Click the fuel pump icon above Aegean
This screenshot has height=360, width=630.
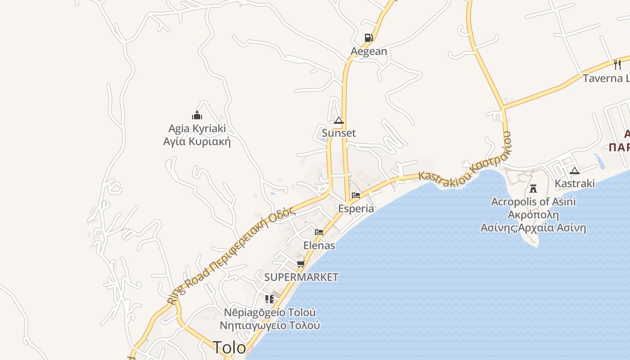click(369, 38)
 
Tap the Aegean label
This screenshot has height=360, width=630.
click(369, 51)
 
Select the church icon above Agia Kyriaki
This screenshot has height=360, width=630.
click(197, 115)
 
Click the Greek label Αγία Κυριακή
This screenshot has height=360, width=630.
click(197, 142)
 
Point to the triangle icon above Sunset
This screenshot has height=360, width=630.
click(339, 120)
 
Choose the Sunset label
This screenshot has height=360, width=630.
click(339, 133)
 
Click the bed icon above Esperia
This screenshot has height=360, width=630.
click(356, 195)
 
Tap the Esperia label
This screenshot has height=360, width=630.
click(356, 209)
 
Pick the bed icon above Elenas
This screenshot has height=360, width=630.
click(319, 232)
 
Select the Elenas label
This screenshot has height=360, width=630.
click(319, 246)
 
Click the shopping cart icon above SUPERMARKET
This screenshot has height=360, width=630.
click(301, 264)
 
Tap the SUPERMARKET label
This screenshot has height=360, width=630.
click(301, 277)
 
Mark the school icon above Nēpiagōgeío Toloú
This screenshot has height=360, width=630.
click(270, 299)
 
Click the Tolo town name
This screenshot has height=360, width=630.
click(229, 348)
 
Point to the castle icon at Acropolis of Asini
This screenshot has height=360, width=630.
click(533, 188)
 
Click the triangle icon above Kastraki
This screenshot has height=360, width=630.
click(574, 171)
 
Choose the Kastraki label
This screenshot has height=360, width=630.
click(574, 184)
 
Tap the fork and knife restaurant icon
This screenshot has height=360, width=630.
click(617, 65)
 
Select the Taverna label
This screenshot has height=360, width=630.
click(606, 78)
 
